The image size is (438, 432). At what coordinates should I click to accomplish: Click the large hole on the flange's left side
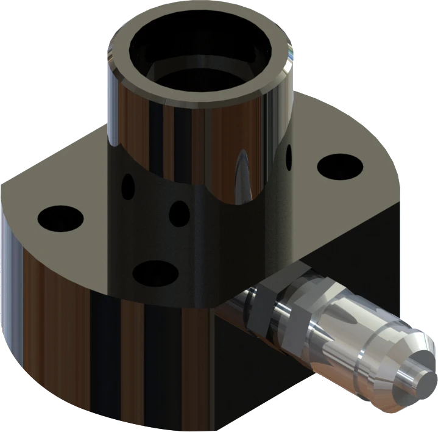point(60,217)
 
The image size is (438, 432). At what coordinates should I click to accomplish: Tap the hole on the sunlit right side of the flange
point(340,166)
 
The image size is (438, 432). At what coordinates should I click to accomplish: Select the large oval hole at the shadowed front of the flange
point(155,273)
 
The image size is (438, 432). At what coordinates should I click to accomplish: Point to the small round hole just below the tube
point(179,214)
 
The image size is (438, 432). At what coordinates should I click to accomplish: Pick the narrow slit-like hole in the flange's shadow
point(128,187)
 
